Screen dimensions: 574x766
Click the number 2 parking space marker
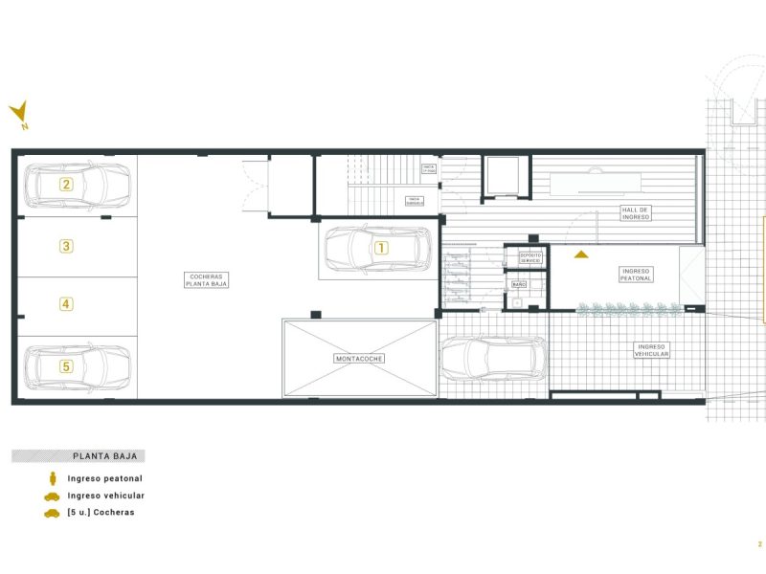[x=66, y=185]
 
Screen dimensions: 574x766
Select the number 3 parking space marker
[x=66, y=246]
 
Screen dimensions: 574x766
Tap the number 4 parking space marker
[x=66, y=304]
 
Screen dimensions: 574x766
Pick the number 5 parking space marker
[x=66, y=365]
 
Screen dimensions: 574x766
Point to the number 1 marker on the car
[x=381, y=247]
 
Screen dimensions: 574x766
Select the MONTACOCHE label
[x=359, y=359]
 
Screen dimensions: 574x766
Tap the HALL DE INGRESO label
[x=636, y=213]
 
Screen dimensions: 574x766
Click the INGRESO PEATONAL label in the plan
[x=637, y=275]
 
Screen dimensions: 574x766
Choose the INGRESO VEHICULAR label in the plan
[x=651, y=350]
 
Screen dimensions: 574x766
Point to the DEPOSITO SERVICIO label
[x=530, y=258]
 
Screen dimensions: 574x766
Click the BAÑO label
[x=519, y=285]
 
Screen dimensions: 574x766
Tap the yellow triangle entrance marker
[x=580, y=254]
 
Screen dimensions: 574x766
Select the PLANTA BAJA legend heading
[x=98, y=456]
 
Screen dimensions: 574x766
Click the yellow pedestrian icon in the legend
[x=52, y=477]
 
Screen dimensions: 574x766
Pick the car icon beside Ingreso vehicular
[x=52, y=496]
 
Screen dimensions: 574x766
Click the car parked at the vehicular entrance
[x=490, y=358]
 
